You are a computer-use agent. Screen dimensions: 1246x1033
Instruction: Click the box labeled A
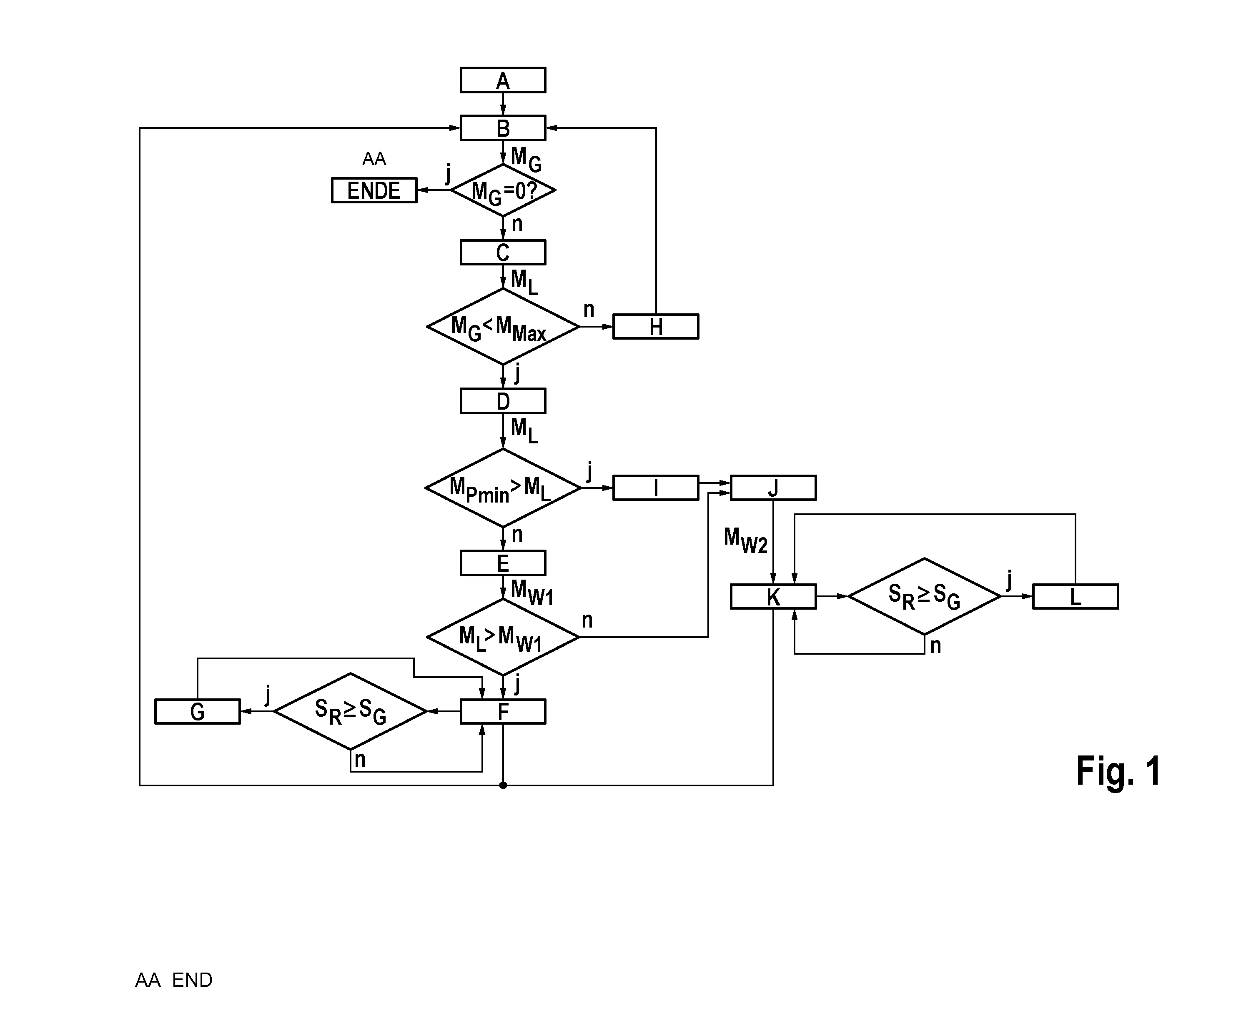coord(503,80)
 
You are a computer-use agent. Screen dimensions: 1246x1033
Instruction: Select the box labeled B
coord(503,128)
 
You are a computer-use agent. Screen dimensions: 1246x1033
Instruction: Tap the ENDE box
coord(374,190)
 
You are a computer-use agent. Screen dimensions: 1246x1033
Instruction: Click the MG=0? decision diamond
coord(503,190)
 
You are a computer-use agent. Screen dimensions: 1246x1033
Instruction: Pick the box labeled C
coord(503,253)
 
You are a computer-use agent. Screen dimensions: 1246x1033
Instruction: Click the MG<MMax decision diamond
coord(503,327)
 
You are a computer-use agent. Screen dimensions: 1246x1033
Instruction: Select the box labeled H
coord(656,327)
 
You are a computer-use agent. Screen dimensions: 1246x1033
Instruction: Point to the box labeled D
coord(503,401)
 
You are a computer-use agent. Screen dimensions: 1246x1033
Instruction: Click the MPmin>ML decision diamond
coord(503,488)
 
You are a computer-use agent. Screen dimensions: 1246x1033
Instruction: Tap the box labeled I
coord(656,488)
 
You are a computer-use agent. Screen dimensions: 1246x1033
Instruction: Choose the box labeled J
coord(773,488)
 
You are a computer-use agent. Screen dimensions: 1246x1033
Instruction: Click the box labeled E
coord(503,563)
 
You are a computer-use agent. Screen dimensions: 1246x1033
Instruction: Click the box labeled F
coord(503,712)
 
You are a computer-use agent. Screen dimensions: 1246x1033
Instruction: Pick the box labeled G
coord(198,712)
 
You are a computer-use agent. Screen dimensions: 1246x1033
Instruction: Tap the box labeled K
coord(773,597)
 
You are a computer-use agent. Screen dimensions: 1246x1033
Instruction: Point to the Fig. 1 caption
coord(1118,771)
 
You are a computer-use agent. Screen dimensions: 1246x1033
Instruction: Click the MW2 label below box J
coord(746,540)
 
